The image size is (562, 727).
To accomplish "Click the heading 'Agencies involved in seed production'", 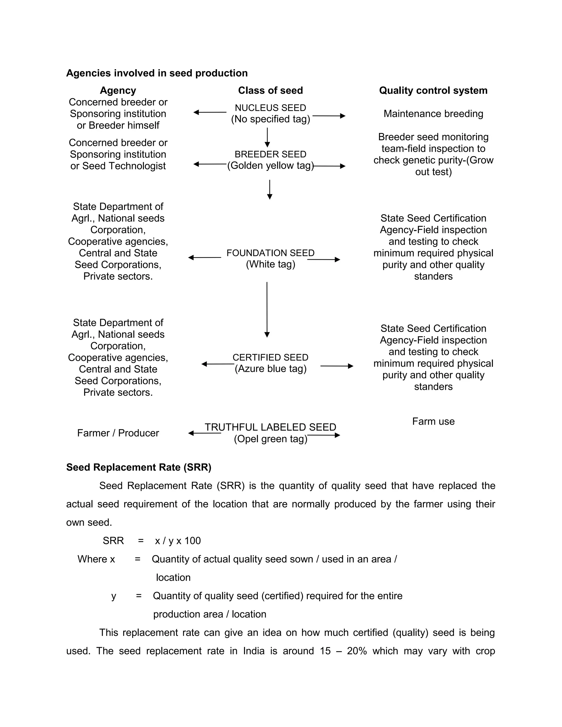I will point(157,73).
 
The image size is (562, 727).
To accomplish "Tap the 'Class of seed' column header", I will point(270,91).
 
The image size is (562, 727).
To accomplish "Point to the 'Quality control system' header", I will point(433,91).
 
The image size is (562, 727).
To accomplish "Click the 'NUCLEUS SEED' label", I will point(270,108).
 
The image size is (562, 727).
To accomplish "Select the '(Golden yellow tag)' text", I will point(270,166).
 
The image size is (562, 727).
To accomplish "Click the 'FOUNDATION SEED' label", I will point(270,253).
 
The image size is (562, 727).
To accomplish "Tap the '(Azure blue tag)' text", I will point(270,369).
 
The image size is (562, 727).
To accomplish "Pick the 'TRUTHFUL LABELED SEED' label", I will point(270,427).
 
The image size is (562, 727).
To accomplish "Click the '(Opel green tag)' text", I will point(270,439).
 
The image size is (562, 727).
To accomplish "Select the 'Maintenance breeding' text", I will point(433,114).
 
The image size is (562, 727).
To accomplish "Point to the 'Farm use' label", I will point(433,421).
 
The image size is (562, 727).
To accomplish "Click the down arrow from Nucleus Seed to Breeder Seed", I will point(267,137).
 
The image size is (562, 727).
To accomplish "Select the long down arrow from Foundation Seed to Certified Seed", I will point(267,309).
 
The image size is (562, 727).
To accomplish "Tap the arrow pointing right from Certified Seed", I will point(337,366).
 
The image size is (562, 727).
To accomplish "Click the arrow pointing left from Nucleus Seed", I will point(210,112).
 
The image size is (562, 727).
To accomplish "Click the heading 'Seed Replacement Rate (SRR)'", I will point(139,467).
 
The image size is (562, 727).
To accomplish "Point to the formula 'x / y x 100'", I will point(178,541).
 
